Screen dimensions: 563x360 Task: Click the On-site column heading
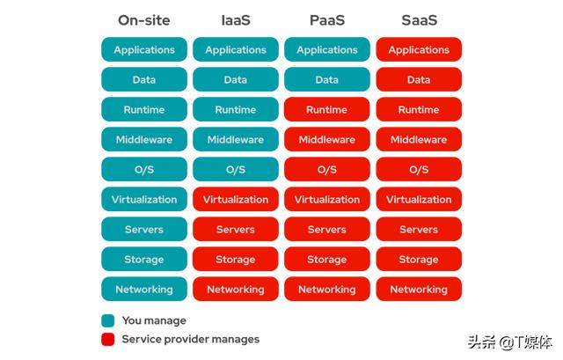point(144,20)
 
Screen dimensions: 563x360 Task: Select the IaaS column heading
point(236,20)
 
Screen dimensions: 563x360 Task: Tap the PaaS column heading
point(327,20)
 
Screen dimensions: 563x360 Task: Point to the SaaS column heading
point(419,20)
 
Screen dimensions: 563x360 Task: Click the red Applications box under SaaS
point(419,49)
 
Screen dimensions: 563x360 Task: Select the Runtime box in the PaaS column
point(327,109)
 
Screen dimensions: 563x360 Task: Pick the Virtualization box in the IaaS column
point(236,200)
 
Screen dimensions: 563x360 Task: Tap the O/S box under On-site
point(144,169)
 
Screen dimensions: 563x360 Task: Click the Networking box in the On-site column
point(144,289)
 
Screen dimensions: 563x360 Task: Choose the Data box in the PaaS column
point(327,79)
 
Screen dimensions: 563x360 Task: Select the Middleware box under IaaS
point(236,139)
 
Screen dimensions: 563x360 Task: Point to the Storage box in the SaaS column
point(419,259)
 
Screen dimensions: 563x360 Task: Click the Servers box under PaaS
point(327,229)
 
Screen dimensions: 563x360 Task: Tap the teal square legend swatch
point(107,320)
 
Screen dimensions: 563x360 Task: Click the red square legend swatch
point(107,339)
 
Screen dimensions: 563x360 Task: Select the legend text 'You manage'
point(154,320)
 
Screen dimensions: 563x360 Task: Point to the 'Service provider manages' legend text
point(191,339)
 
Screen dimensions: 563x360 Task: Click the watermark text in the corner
point(510,342)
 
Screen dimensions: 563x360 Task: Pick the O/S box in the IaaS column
point(236,169)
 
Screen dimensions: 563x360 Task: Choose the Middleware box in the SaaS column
point(419,139)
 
